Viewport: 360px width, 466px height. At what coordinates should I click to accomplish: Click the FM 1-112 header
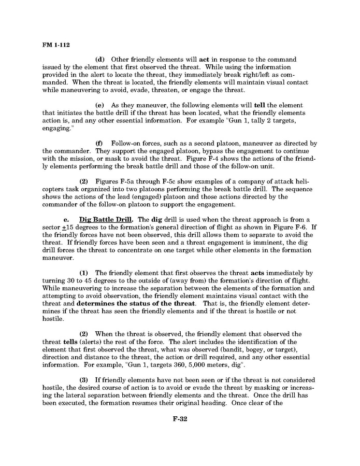(53, 45)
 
